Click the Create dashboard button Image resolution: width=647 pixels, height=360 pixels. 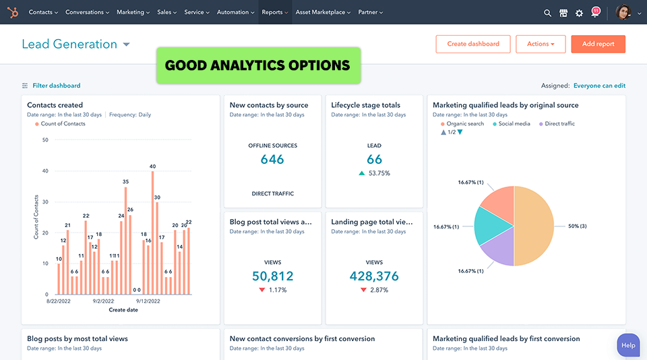click(473, 44)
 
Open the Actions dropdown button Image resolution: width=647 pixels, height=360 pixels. click(541, 44)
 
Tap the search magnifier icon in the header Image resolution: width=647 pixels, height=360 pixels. click(547, 13)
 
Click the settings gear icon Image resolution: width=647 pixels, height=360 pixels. click(579, 13)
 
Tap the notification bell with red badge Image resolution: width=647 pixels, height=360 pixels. click(595, 12)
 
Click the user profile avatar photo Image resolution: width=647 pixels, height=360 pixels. click(623, 12)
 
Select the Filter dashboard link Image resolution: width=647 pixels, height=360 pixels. click(56, 86)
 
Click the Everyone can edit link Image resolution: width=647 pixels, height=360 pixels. click(599, 86)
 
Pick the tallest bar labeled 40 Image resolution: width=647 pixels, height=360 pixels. click(153, 233)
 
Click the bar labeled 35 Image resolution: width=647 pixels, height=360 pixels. click(125, 240)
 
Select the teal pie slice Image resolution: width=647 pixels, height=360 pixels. click(491, 226)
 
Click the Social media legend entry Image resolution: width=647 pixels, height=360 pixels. click(514, 124)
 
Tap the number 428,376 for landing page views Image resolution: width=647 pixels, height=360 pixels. click(374, 276)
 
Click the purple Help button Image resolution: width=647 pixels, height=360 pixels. click(628, 345)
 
